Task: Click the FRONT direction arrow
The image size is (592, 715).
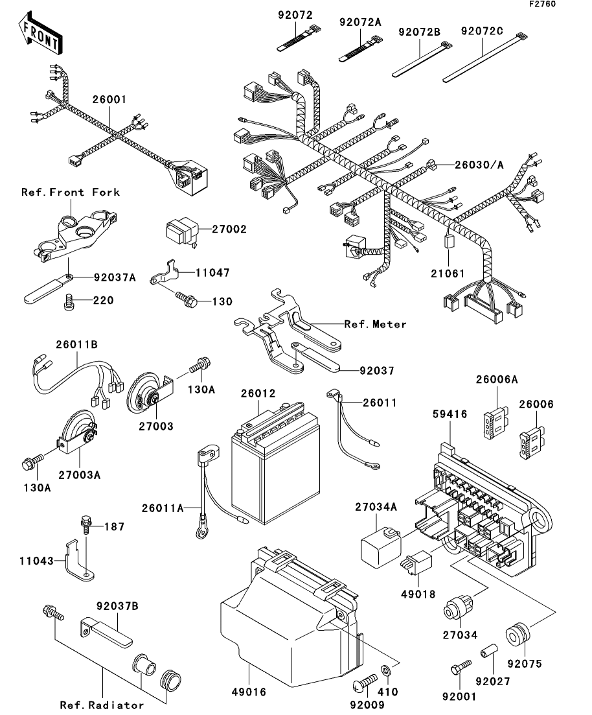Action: click(41, 37)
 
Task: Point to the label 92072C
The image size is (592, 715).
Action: click(483, 30)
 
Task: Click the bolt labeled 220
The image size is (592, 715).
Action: click(69, 301)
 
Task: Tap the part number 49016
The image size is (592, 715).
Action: click(249, 692)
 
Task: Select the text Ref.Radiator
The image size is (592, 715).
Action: click(102, 705)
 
